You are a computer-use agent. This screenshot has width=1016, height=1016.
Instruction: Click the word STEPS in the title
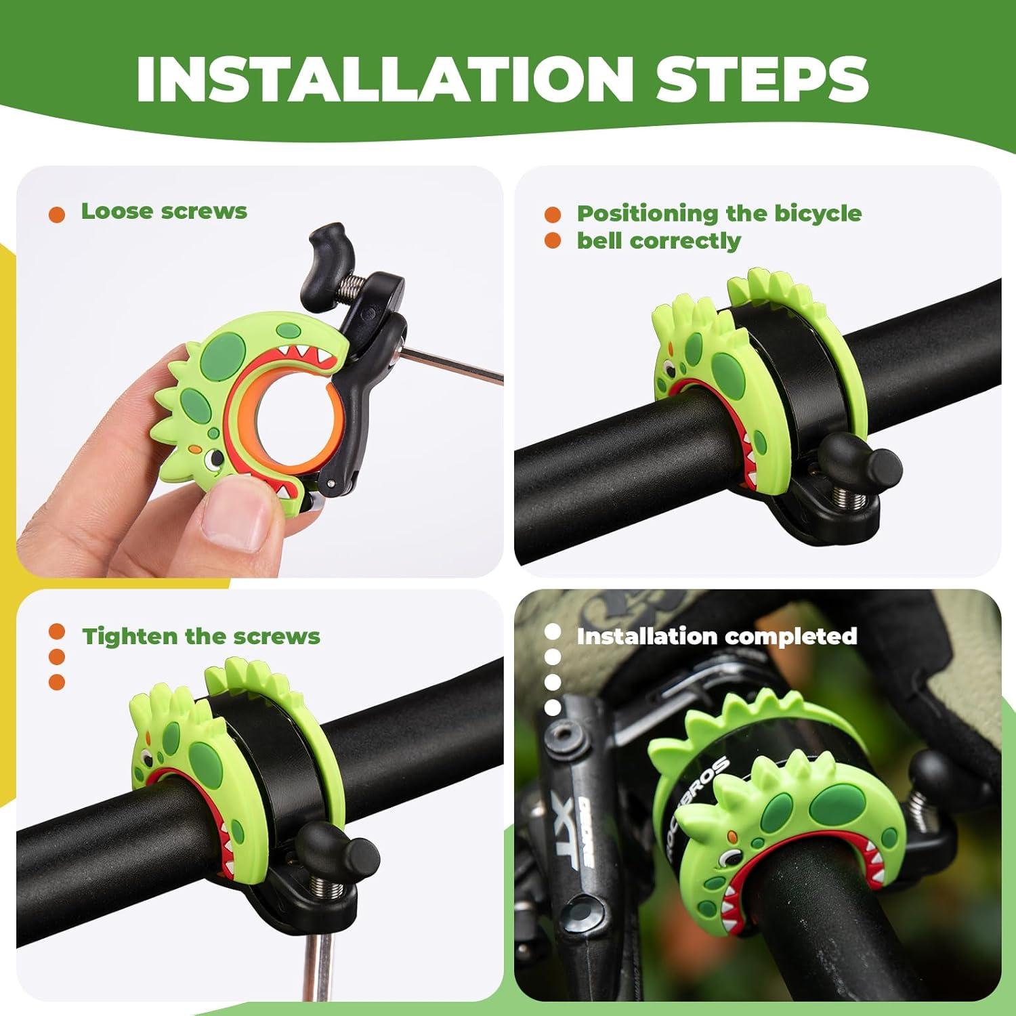(x=761, y=79)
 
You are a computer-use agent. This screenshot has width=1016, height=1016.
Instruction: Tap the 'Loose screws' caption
(x=164, y=211)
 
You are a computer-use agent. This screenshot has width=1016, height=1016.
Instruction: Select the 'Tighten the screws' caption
(x=200, y=637)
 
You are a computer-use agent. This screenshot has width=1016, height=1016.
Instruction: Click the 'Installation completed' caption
(x=717, y=637)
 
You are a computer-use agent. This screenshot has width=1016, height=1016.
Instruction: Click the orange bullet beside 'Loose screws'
(x=57, y=215)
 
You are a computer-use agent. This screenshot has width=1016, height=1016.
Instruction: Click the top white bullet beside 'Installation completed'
(x=553, y=631)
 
